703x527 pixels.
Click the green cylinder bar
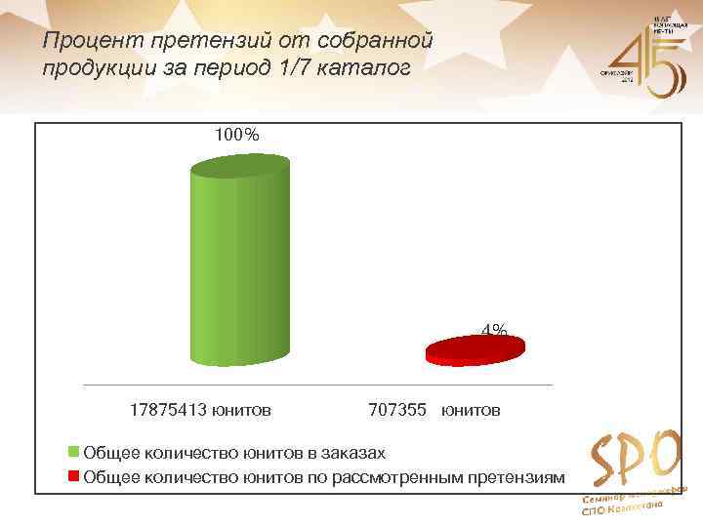coord(240,263)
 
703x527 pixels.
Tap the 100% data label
coord(237,135)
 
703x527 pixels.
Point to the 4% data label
coord(494,331)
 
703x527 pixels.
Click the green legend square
coord(73,453)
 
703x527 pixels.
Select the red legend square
coord(73,477)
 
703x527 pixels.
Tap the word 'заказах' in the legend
coord(349,453)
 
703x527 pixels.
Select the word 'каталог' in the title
coord(372,69)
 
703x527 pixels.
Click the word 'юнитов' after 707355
coord(471,410)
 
